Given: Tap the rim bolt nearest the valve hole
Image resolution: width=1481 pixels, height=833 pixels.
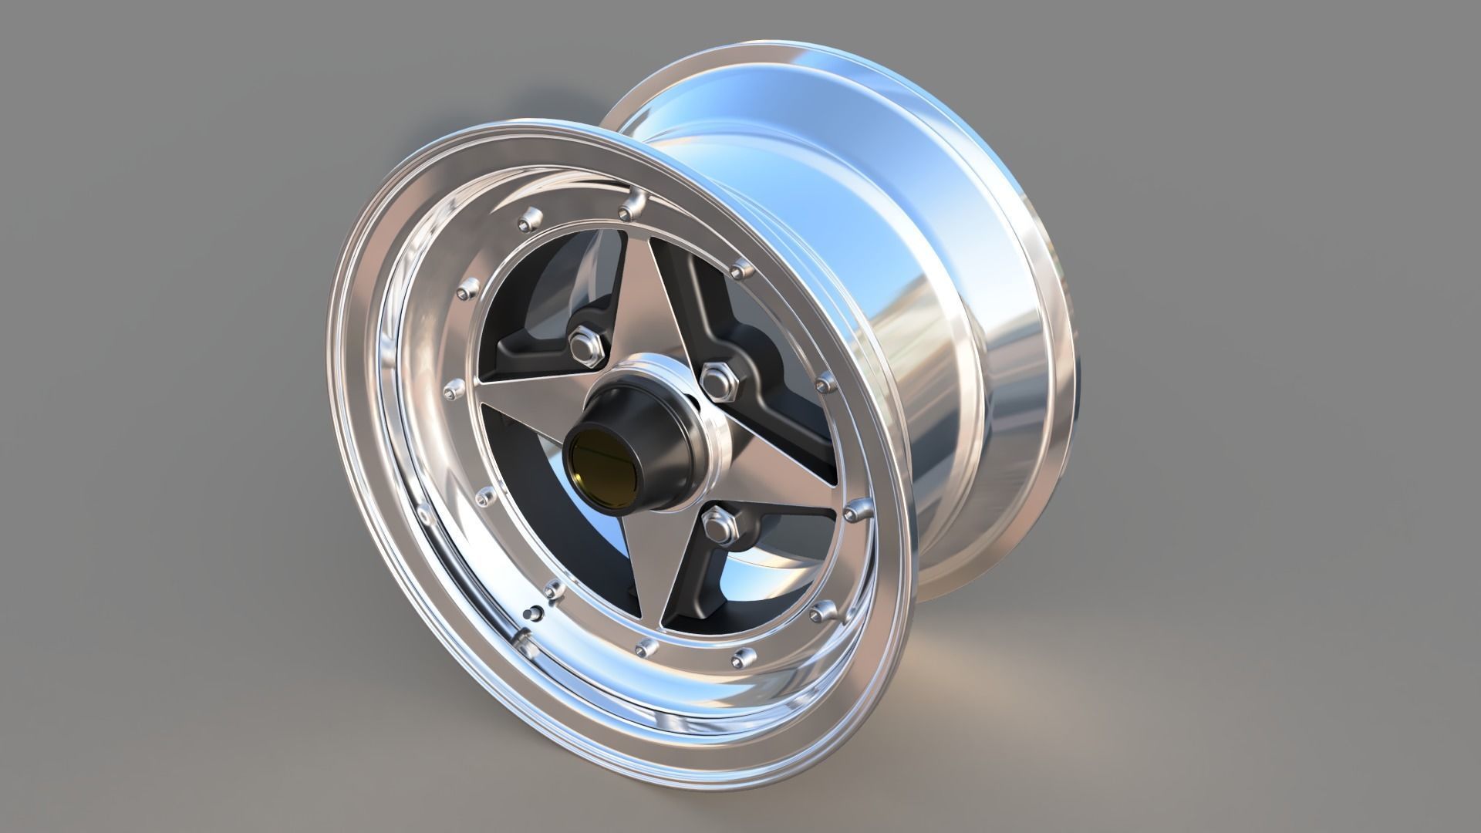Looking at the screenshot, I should point(552,591).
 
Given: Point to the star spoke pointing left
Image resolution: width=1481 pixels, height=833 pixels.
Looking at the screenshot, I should point(525,401).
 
